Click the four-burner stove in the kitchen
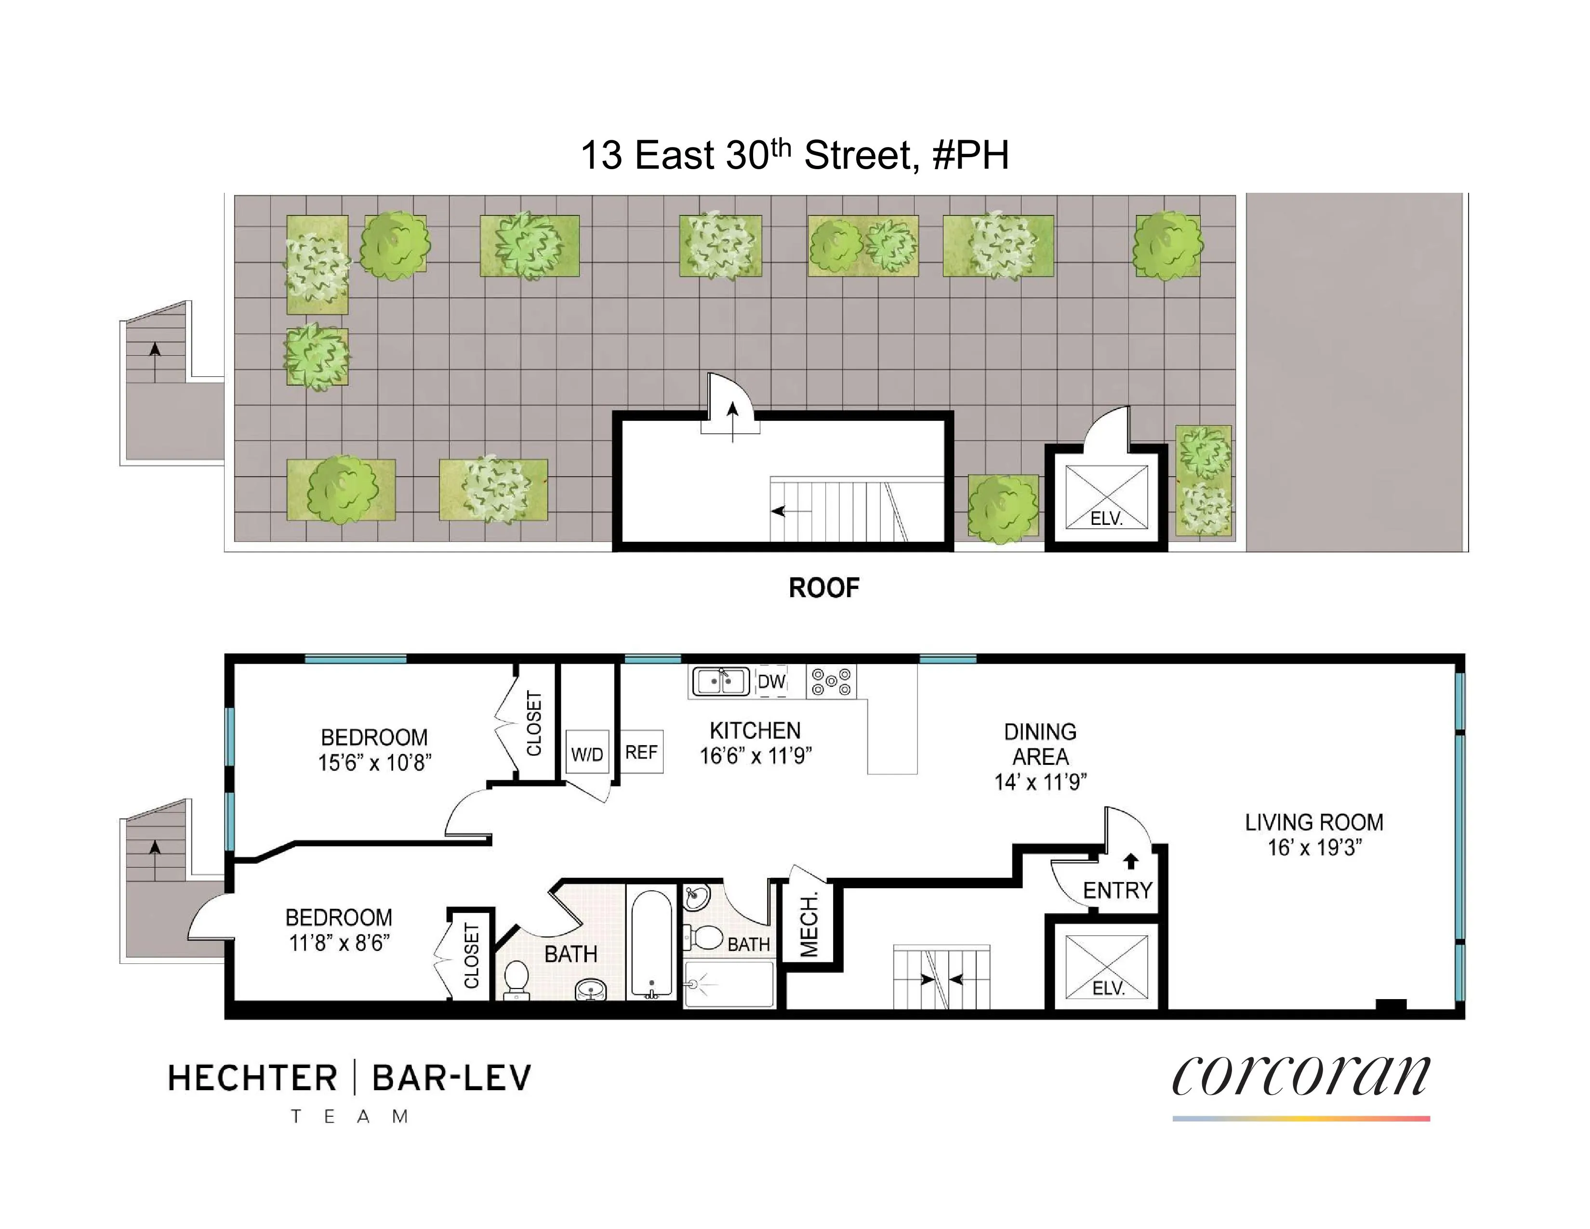click(831, 682)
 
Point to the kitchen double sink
click(719, 682)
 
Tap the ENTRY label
click(1117, 891)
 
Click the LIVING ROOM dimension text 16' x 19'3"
click(1314, 847)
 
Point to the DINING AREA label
click(1040, 744)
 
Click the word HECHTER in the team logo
click(252, 1078)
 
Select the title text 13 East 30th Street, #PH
click(794, 155)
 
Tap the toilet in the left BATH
click(516, 978)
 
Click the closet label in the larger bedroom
click(534, 724)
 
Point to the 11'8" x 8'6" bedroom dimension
click(339, 943)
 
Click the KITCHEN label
click(755, 730)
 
